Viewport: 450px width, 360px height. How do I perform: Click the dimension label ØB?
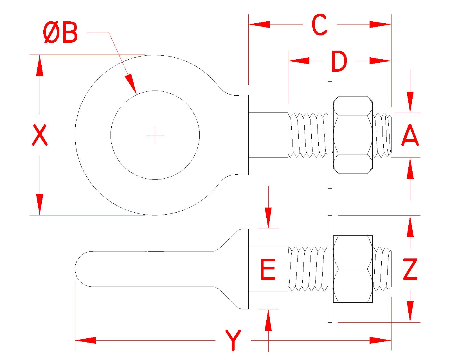coord(61,33)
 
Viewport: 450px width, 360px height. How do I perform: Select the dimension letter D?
coord(339,61)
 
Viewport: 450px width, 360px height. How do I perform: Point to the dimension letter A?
coord(410,136)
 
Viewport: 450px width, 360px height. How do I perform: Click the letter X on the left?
coord(39,136)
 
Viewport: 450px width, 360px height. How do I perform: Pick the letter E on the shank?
coord(267,270)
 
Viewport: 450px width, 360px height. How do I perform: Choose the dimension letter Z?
coord(410,269)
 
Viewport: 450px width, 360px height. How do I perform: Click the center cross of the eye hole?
coord(155,135)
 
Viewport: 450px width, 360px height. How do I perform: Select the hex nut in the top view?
coord(353,135)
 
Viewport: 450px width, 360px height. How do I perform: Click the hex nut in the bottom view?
coord(353,269)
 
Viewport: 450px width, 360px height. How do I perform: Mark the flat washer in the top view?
coord(330,135)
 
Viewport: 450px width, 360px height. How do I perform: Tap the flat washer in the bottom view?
coord(330,269)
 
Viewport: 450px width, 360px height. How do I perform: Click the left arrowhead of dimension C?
coord(259,24)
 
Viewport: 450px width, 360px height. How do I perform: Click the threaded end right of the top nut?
coord(382,135)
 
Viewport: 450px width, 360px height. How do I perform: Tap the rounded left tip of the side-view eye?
coord(79,269)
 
